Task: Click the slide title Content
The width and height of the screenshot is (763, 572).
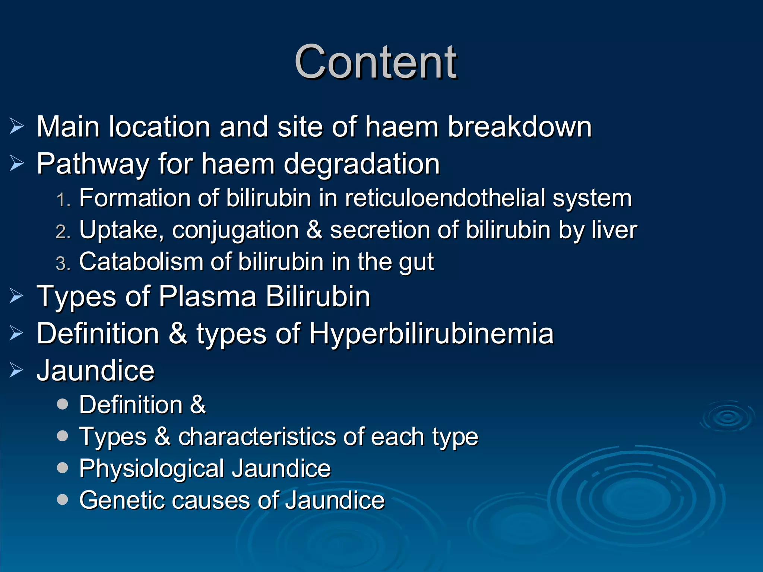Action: pyautogui.click(x=376, y=62)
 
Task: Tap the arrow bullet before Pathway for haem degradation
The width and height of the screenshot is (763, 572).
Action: pyautogui.click(x=17, y=163)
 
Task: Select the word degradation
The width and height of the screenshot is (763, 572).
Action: pyautogui.click(x=362, y=164)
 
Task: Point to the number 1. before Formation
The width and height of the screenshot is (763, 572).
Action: pyautogui.click(x=63, y=200)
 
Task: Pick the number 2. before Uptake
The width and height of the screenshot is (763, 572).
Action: pyautogui.click(x=63, y=232)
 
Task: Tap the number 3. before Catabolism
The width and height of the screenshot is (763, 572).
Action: pyautogui.click(x=63, y=263)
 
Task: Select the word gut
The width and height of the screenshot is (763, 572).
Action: pyautogui.click(x=416, y=262)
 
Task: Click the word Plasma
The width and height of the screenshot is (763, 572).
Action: pyautogui.click(x=208, y=296)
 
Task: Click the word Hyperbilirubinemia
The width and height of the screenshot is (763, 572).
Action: pyautogui.click(x=431, y=334)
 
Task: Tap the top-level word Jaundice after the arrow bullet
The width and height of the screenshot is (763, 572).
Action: pyautogui.click(x=95, y=371)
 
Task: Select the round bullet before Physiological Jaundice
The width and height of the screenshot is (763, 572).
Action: pyautogui.click(x=63, y=468)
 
